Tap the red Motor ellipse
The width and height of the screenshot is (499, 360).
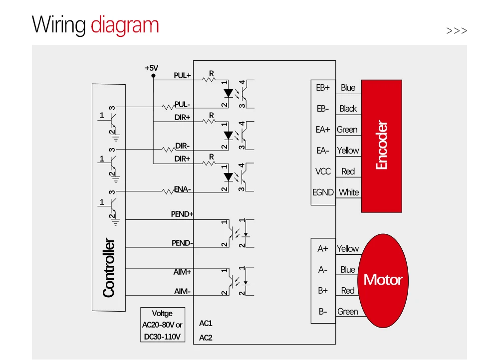point(383,280)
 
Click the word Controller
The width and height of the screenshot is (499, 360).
point(108,268)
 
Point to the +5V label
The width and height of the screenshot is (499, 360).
point(151,68)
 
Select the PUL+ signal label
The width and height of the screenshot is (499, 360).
point(182,75)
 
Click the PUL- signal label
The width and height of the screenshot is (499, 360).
point(182,105)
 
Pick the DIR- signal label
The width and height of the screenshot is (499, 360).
point(183,146)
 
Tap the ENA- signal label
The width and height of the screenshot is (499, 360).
point(183,189)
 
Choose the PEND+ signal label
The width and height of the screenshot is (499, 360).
point(182,214)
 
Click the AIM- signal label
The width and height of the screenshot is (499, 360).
point(182,291)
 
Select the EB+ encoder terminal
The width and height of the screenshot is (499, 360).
point(323,87)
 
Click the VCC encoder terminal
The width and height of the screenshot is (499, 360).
point(323,171)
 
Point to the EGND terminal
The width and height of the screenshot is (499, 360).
point(323,192)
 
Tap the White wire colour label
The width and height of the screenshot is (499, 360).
point(349,192)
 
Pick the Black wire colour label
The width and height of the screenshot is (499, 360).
point(348,108)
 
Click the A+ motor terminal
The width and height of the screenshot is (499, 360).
point(323,248)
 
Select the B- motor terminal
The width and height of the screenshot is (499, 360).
point(323,312)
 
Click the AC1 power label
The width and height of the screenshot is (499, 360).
point(206,323)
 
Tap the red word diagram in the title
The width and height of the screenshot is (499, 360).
point(125,25)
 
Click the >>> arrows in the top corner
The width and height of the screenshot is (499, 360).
point(457,31)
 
